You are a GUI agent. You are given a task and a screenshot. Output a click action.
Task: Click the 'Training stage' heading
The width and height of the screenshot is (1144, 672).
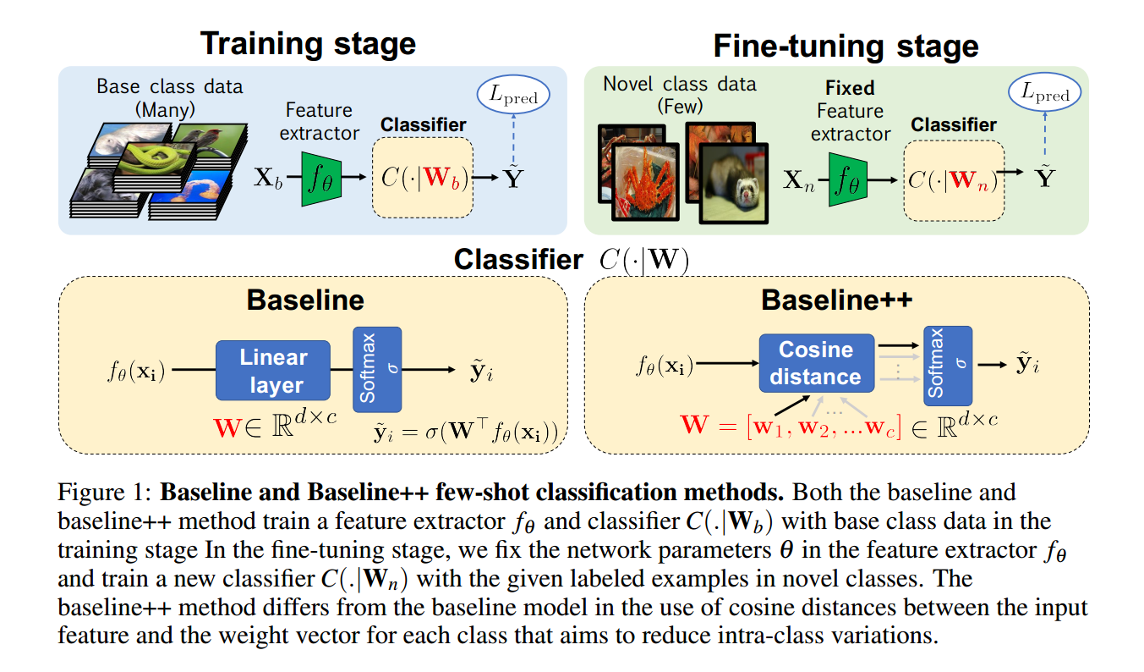(x=308, y=43)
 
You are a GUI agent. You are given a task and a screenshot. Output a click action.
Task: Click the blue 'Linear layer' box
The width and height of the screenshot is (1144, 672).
(x=272, y=371)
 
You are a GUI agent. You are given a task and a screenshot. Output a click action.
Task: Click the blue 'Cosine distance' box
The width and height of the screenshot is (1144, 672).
(x=815, y=363)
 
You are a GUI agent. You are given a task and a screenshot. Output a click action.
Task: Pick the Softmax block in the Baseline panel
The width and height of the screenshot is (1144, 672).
(x=377, y=371)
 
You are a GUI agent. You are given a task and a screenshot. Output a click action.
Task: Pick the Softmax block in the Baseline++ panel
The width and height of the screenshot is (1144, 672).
(x=948, y=364)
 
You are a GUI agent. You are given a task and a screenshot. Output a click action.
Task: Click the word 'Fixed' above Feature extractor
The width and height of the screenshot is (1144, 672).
(x=850, y=88)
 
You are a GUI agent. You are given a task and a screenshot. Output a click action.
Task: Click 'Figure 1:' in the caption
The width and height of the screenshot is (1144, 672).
(x=105, y=492)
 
